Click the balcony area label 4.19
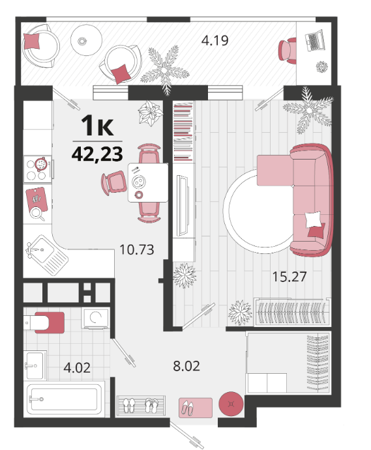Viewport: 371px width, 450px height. [215, 40]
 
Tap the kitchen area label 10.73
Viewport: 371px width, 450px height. [137, 249]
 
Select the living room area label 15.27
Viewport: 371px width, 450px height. [289, 277]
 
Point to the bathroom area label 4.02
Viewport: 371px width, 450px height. [77, 368]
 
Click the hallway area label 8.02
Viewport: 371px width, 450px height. [186, 366]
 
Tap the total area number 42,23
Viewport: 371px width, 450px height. [97, 154]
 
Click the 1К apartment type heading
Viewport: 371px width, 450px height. [97, 126]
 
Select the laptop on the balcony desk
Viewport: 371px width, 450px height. [315, 41]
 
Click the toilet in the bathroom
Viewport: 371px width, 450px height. [44, 322]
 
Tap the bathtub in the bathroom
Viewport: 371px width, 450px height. [64, 399]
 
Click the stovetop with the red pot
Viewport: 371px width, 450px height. [38, 169]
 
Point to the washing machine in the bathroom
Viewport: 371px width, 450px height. [95, 318]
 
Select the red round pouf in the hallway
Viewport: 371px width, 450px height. [231, 404]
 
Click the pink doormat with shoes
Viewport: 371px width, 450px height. [196, 408]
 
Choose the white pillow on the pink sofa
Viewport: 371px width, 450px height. [313, 220]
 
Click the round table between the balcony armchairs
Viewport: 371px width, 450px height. [86, 40]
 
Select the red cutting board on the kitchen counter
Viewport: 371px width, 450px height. [37, 199]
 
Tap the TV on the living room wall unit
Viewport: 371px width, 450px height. [183, 206]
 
